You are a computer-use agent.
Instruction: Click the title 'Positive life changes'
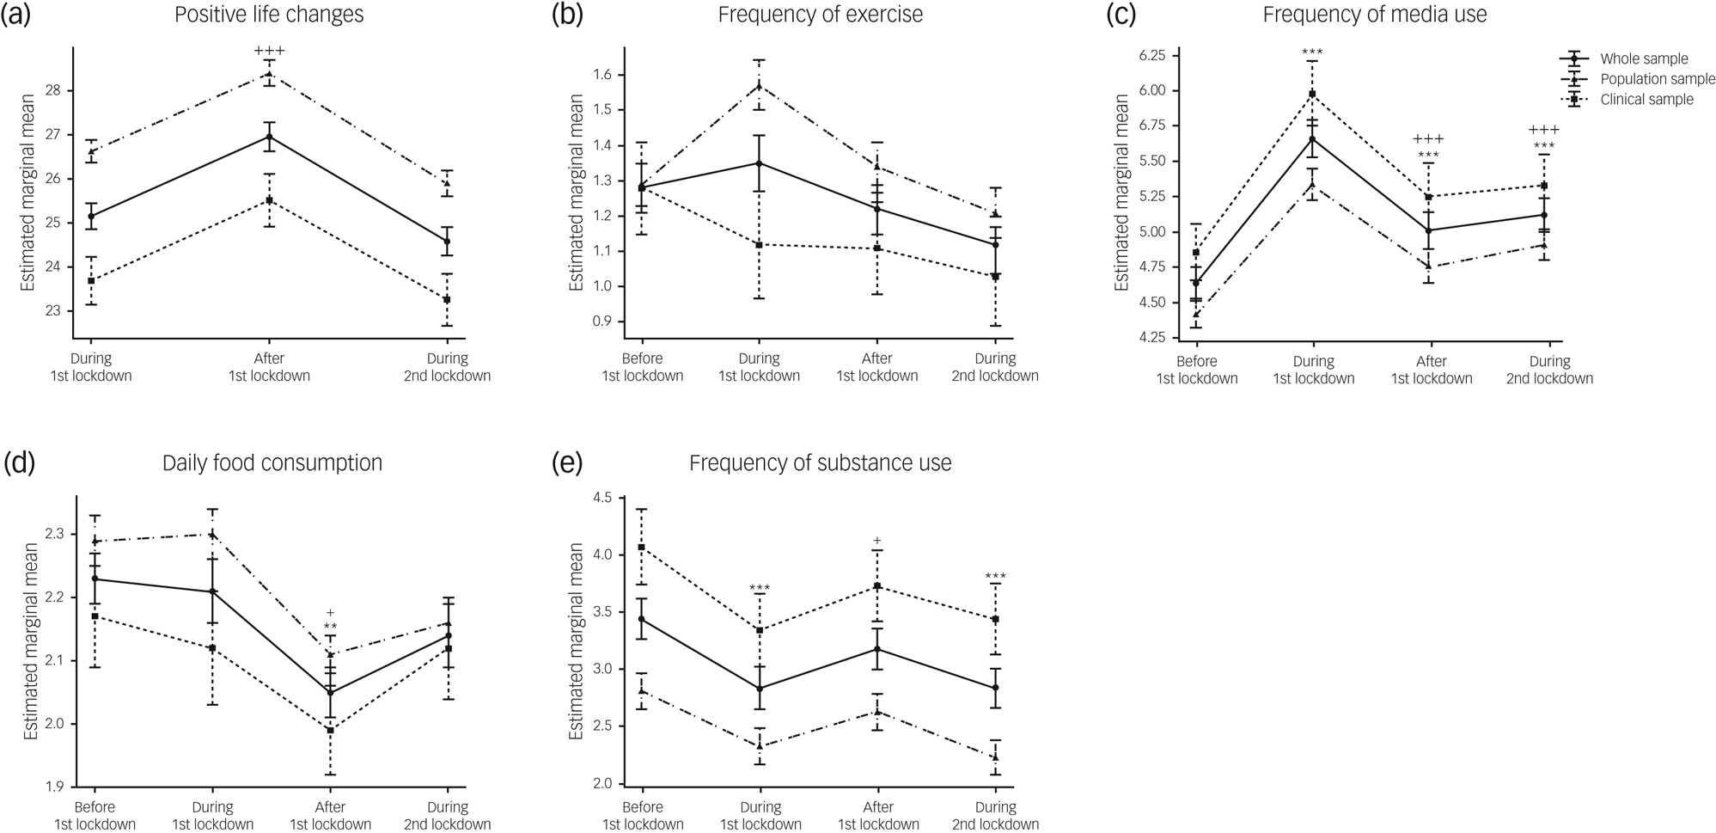[269, 15]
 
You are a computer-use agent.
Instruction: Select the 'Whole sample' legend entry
[1643, 58]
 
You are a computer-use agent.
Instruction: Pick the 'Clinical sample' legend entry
[1646, 100]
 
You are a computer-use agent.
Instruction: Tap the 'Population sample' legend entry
[1657, 79]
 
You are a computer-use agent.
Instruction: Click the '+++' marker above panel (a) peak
[269, 52]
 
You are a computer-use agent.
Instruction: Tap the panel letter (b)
[567, 15]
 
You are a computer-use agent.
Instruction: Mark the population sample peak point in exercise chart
[759, 85]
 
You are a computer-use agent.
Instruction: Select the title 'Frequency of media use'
[1375, 15]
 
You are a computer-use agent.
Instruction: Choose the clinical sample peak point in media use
[1312, 94]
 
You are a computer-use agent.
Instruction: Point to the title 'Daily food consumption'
[272, 463]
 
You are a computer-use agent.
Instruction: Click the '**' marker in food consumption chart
[330, 627]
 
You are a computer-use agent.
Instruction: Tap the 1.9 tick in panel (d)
[53, 787]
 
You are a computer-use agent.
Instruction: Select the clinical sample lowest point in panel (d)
[330, 730]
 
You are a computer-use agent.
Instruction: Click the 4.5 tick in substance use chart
[601, 498]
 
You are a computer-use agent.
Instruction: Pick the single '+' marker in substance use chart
[877, 541]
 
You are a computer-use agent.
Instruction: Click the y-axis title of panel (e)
[576, 640]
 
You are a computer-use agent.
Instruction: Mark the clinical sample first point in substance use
[642, 547]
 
